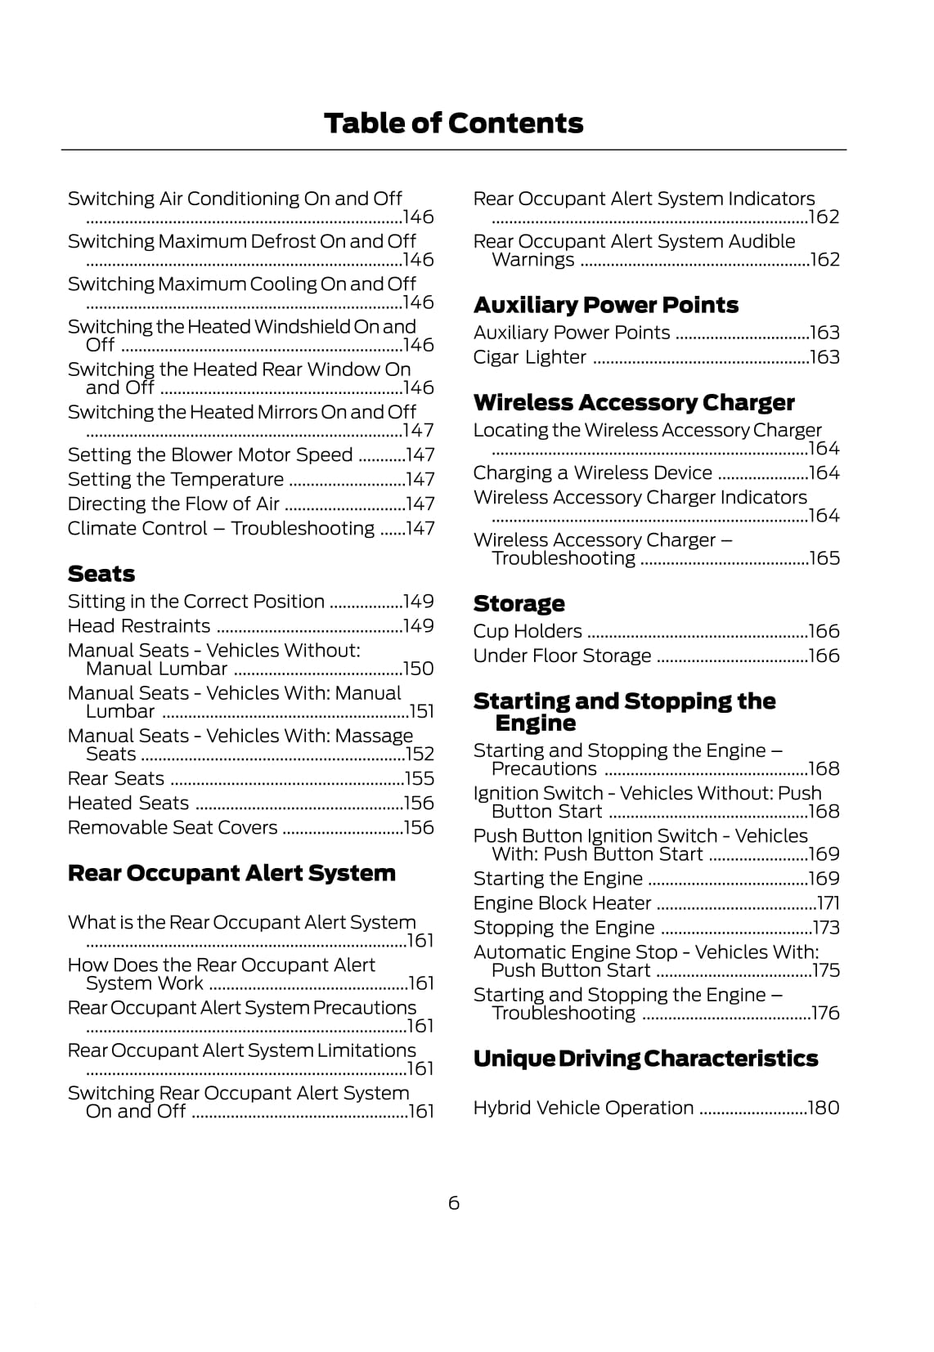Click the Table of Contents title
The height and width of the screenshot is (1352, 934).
point(453,123)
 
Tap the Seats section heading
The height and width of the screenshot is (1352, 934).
point(101,574)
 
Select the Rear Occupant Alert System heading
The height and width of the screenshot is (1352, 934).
point(231,873)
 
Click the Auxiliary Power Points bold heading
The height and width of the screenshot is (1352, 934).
point(605,305)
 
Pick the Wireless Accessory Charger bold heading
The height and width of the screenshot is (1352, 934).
point(633,402)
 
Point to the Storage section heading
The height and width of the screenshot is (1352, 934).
point(519,603)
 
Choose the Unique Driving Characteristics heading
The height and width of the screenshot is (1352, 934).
point(645,1059)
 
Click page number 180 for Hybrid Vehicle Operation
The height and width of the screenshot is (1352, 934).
point(823,1108)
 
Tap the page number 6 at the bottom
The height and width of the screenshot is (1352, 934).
point(454,1203)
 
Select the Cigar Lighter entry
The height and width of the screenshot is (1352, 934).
point(529,357)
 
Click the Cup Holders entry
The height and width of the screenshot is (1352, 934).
point(528,631)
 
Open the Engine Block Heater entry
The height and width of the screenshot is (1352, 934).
point(562,903)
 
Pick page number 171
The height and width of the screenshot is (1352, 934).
point(828,903)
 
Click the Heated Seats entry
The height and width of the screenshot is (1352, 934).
point(128,804)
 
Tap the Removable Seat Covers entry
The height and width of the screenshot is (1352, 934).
point(173,828)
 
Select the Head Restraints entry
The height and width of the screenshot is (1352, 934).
point(139,626)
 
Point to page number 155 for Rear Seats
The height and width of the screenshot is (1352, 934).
point(419,779)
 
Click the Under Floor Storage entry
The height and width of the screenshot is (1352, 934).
point(562,656)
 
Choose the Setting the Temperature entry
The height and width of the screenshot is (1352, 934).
point(175,480)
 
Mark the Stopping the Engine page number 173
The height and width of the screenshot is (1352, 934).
point(825,928)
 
